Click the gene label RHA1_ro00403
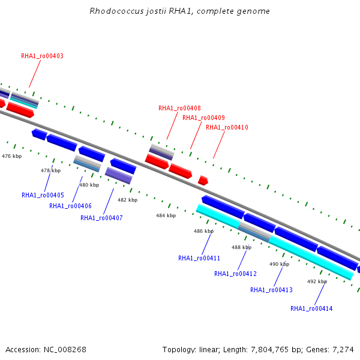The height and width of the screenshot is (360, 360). click(x=42, y=56)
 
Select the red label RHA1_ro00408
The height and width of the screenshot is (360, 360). click(x=179, y=108)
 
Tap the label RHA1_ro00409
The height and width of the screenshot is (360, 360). click(x=203, y=118)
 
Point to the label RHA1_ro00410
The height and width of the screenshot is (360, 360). click(x=227, y=127)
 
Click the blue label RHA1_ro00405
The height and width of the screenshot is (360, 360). click(x=43, y=195)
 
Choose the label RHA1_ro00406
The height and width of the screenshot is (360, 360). click(x=70, y=206)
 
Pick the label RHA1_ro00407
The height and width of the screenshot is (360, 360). click(x=101, y=218)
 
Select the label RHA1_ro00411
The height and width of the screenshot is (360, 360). click(x=199, y=258)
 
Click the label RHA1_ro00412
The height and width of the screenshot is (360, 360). click(x=235, y=274)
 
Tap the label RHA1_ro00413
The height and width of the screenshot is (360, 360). click(x=271, y=290)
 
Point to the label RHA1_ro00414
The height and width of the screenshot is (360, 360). click(x=311, y=308)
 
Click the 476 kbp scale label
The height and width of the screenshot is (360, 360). click(x=12, y=157)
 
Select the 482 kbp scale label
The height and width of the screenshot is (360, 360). click(x=127, y=200)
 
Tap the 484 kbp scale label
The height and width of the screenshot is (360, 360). click(x=166, y=215)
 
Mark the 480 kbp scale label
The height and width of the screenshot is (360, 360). click(x=89, y=185)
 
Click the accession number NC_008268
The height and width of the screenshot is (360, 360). click(x=65, y=350)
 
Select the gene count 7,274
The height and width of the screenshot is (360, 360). click(x=343, y=350)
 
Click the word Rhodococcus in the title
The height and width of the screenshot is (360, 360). click(x=116, y=11)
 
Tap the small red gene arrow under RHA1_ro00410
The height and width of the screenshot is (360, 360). click(x=203, y=181)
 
